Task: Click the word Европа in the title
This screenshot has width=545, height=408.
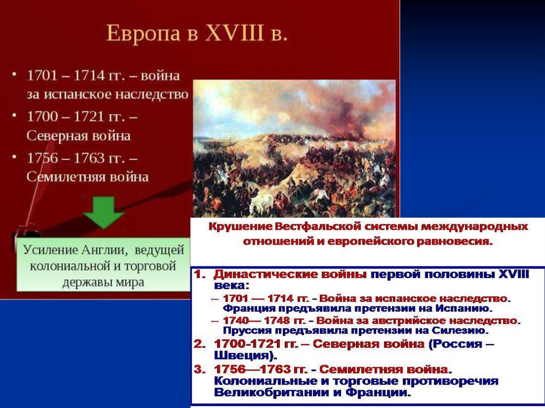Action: click(x=143, y=34)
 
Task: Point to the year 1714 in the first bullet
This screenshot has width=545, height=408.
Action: click(x=88, y=76)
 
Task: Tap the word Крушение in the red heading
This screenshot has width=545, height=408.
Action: click(x=240, y=227)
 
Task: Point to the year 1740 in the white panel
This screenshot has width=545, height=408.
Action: click(x=236, y=320)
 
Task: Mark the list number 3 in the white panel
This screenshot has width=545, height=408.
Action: click(x=199, y=369)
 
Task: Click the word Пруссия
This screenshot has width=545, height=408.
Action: click(x=244, y=330)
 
